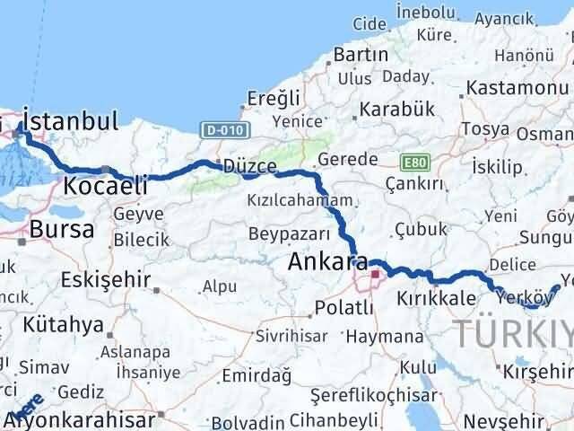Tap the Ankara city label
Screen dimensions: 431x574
(x=327, y=263)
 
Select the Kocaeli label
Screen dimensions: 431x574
(x=105, y=186)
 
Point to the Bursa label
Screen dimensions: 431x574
(x=62, y=229)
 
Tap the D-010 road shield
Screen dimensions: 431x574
(x=218, y=130)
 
